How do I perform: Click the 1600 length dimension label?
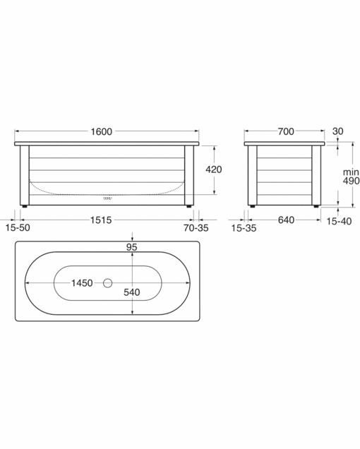click(x=101, y=131)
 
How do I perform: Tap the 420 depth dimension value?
click(x=213, y=169)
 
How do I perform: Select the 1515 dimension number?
click(x=101, y=220)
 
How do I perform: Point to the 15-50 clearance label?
click(x=18, y=229)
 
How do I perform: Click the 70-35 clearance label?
click(x=196, y=229)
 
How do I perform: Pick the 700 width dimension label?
click(x=285, y=131)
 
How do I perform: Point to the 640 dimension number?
click(x=285, y=220)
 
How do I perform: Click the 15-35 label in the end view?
click(x=243, y=229)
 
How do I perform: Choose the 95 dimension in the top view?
click(x=131, y=247)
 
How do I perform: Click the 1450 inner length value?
click(x=81, y=283)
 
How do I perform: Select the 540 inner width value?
click(x=131, y=291)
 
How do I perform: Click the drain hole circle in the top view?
click(x=107, y=283)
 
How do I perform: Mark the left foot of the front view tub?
click(x=25, y=206)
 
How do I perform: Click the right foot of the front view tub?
click(x=188, y=206)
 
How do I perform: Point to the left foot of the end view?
click(x=252, y=206)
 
